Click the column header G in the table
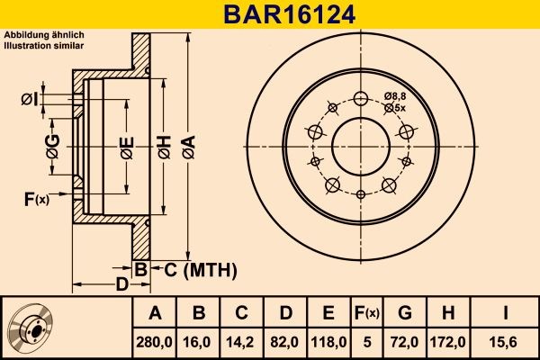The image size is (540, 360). click(405, 313)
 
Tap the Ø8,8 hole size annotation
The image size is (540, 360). click(394, 95)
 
